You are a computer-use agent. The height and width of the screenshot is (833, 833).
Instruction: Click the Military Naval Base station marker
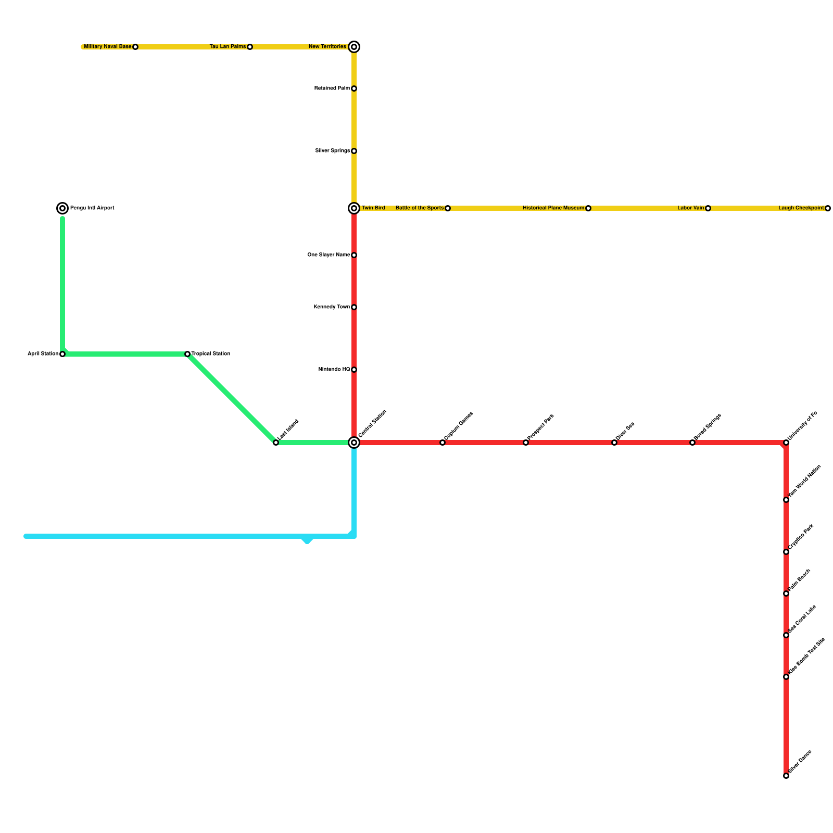[135, 47]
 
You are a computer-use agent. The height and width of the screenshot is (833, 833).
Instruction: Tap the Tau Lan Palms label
[228, 47]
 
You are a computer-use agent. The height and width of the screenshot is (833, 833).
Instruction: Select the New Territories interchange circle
[354, 47]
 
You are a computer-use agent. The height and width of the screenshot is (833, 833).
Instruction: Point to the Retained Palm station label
[332, 89]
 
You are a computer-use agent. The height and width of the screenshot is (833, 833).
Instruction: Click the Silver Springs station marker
[354, 151]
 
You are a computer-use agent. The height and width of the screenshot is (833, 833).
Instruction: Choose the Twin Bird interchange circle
[354, 208]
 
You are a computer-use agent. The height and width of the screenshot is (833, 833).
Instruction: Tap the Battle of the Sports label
[420, 208]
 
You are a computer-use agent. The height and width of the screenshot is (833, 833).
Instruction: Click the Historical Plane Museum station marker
[588, 208]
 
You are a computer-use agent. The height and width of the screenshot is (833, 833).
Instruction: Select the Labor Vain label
[690, 208]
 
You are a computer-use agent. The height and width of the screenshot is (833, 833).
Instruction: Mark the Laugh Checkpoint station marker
[828, 208]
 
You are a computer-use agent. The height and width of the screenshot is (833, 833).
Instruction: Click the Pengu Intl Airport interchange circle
[62, 208]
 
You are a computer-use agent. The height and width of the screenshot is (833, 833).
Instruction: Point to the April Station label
[43, 354]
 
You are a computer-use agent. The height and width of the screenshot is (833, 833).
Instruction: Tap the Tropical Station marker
[187, 354]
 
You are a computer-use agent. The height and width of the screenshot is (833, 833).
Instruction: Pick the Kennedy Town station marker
[354, 307]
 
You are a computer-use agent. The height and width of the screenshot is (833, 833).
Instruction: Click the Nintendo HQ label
[334, 370]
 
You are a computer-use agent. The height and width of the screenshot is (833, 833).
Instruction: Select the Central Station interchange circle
[354, 443]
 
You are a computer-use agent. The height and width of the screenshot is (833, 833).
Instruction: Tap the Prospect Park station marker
[526, 443]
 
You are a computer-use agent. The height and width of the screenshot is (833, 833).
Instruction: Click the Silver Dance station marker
[786, 776]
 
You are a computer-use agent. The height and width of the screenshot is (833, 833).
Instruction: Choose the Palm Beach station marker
[786, 594]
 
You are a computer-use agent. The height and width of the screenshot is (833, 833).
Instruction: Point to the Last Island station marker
[276, 443]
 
